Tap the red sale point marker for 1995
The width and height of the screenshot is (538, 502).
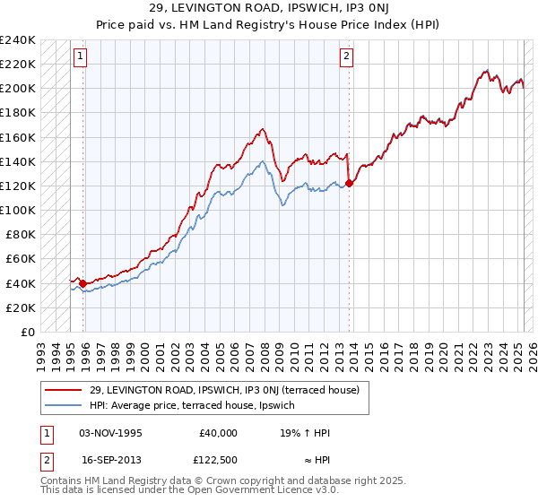(83, 283)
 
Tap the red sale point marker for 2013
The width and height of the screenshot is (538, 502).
(350, 183)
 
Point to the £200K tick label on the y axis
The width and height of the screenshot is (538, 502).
(18, 89)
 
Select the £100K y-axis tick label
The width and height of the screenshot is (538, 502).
(18, 210)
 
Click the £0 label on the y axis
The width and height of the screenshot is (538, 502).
(28, 332)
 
